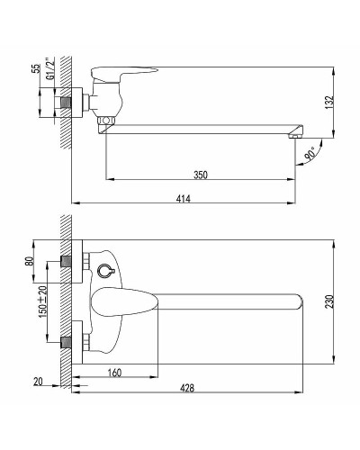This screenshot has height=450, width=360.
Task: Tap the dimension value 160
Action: click(115, 370)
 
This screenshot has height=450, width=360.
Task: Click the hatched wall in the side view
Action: click(65, 99)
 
